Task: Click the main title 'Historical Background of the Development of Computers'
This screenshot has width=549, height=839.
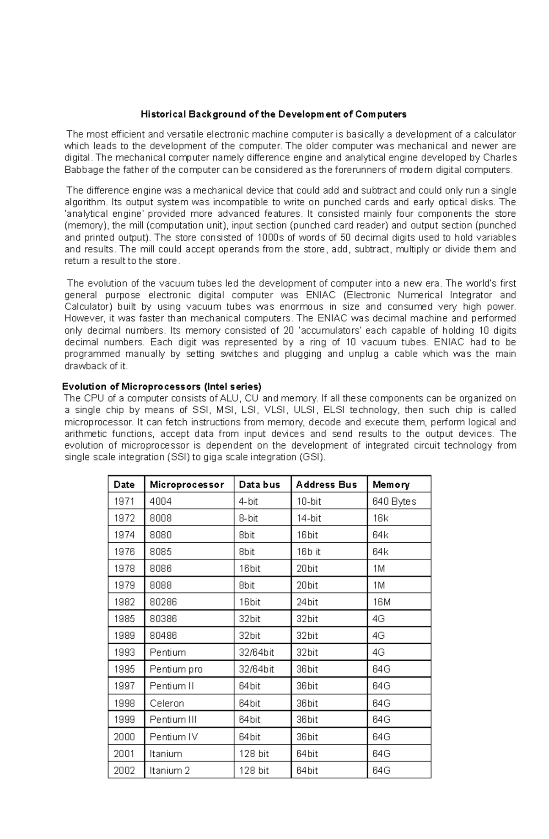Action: pyautogui.click(x=274, y=114)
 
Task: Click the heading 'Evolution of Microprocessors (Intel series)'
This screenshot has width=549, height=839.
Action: pyautogui.click(x=161, y=386)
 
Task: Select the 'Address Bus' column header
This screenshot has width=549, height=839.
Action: pyautogui.click(x=326, y=485)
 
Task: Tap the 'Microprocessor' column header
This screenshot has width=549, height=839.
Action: pyautogui.click(x=187, y=485)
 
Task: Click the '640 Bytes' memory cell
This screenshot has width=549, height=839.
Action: pyautogui.click(x=394, y=501)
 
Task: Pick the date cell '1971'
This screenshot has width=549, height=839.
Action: pyautogui.click(x=124, y=501)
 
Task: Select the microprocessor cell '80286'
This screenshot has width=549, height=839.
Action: pyautogui.click(x=163, y=602)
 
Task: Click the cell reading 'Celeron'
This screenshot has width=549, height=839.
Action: pyautogui.click(x=167, y=703)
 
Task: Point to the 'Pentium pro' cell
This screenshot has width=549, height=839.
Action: pyautogui.click(x=176, y=669)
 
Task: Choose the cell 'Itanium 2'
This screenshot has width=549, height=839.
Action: pyautogui.click(x=169, y=770)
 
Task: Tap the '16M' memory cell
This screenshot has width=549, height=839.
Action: pyautogui.click(x=382, y=602)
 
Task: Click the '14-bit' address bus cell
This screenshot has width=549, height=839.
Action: pyautogui.click(x=309, y=518)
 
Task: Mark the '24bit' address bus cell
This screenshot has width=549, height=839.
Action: pyautogui.click(x=307, y=602)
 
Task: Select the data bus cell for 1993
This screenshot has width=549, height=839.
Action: pyautogui.click(x=256, y=652)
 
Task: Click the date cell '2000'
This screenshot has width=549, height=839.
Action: pyautogui.click(x=124, y=737)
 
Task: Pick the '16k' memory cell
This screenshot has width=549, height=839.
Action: pyautogui.click(x=380, y=518)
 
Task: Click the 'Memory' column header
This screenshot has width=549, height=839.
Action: pyautogui.click(x=391, y=485)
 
